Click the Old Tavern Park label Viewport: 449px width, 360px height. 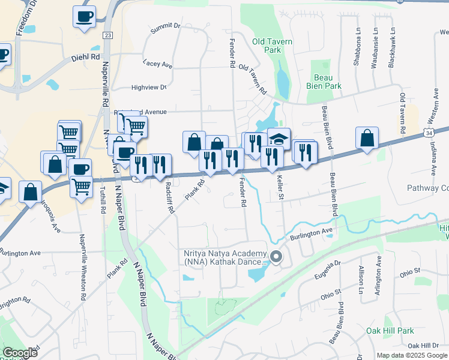[x=272, y=46]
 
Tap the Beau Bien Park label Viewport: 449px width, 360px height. [x=328, y=82]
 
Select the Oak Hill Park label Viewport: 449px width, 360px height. [x=390, y=331]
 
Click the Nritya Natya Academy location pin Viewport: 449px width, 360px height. [x=276, y=257]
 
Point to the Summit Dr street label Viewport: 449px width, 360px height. [x=165, y=27]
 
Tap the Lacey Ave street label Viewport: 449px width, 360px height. [x=158, y=64]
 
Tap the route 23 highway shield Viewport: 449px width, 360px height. [x=107, y=36]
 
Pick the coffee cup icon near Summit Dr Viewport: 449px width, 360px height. [x=84, y=16]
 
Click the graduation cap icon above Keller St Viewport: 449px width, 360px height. [x=279, y=139]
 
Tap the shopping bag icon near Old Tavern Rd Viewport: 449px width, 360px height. [x=367, y=137]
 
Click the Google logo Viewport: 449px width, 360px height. [x=20, y=353]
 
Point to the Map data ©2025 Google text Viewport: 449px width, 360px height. [x=412, y=355]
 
